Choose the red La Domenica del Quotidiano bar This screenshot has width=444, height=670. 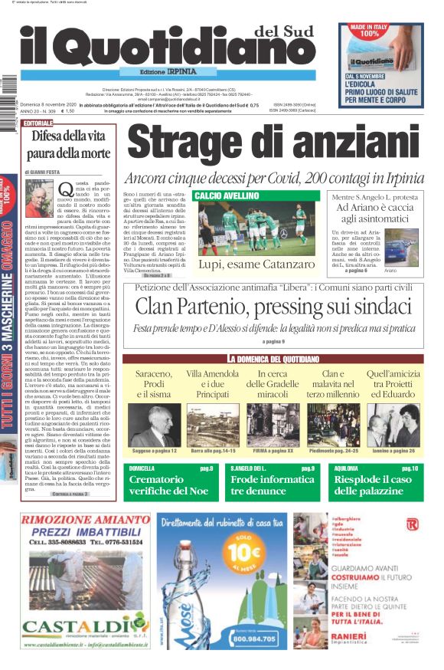pos(272,359)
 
